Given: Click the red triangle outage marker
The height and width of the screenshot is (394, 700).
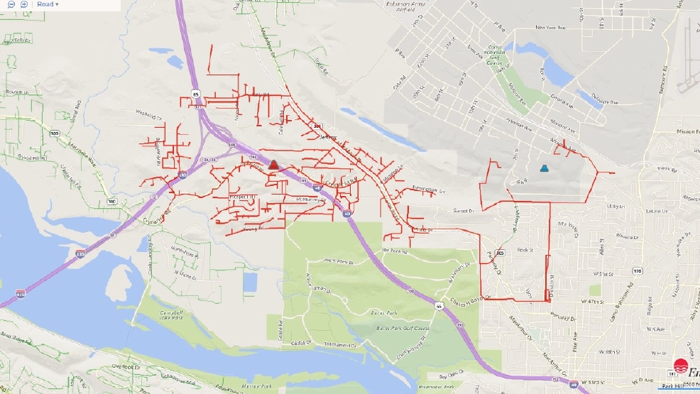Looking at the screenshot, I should (273, 165).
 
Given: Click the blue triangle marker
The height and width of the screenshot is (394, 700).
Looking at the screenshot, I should (544, 169).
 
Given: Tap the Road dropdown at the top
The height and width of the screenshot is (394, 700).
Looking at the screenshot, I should (48, 4).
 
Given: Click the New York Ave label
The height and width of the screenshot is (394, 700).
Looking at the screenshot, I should (549, 28).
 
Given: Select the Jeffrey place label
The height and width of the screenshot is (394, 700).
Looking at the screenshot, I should (327, 137).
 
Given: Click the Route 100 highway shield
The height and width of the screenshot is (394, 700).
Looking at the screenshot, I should (53, 133).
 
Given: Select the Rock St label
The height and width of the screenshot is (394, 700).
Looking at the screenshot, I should (525, 249).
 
